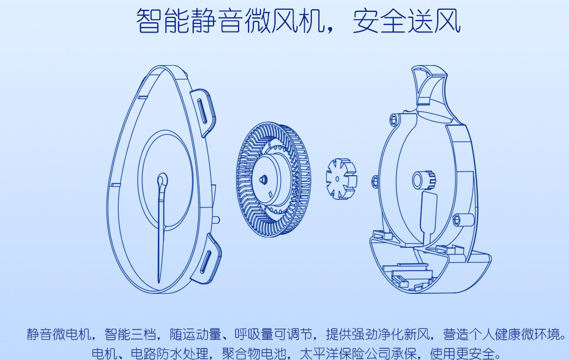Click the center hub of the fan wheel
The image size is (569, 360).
tap(264, 178)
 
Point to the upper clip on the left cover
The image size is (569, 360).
tap(204, 111)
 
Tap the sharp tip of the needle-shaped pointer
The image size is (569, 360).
tap(159, 279)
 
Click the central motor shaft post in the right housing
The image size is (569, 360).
tap(422, 179)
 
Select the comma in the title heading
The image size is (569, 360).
tap(335, 27)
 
